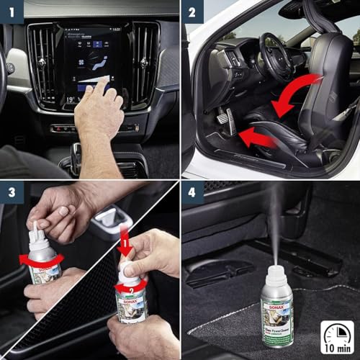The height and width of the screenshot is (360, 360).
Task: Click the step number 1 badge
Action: point(12,12)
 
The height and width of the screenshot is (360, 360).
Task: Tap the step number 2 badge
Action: point(192,12)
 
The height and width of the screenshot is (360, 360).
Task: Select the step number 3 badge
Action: point(12,192)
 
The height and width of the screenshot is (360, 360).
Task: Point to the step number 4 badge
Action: point(192,192)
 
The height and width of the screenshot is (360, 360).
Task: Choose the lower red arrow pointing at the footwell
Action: point(256,137)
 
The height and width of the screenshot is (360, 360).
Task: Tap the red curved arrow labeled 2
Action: point(132,284)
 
